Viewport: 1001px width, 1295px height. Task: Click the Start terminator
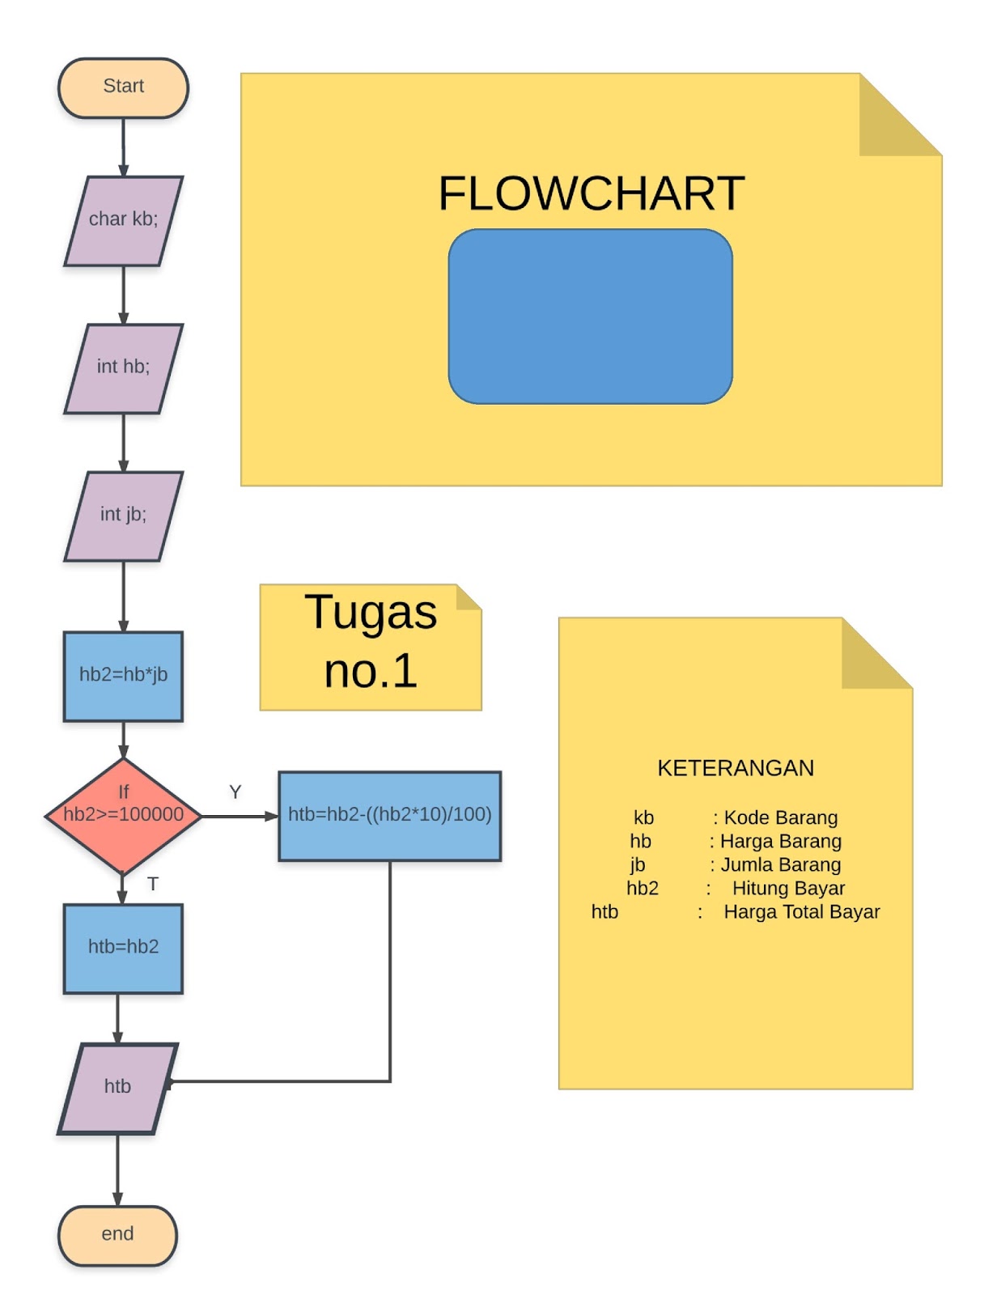(123, 87)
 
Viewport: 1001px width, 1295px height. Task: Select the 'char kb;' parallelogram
(123, 220)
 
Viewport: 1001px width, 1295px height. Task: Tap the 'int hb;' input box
(123, 368)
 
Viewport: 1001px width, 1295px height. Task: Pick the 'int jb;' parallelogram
(123, 516)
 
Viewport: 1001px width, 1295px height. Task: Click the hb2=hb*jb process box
(123, 675)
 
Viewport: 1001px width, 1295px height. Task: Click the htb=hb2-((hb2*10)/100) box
(389, 815)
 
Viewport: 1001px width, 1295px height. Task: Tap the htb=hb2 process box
(123, 948)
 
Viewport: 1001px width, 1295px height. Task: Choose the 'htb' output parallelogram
(117, 1087)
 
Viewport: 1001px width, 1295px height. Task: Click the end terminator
(117, 1234)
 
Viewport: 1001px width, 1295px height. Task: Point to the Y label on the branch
(235, 792)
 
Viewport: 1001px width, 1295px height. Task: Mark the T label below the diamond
(152, 884)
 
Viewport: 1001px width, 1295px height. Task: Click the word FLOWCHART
(591, 194)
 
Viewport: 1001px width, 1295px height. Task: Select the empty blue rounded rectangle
(590, 316)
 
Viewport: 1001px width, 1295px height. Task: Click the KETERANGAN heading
(735, 768)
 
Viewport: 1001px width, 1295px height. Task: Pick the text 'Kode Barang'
(780, 817)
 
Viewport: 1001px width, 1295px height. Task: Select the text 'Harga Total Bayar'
(801, 912)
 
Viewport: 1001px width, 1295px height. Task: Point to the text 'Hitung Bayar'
(788, 889)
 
